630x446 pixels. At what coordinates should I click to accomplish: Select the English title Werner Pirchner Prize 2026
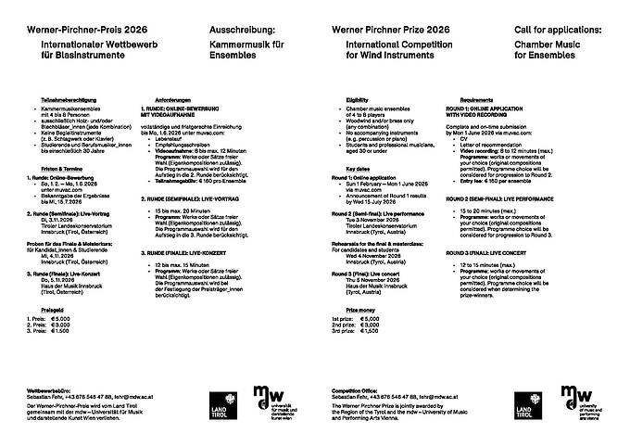click(387, 30)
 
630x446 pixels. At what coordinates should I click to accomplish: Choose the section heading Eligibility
click(358, 98)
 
